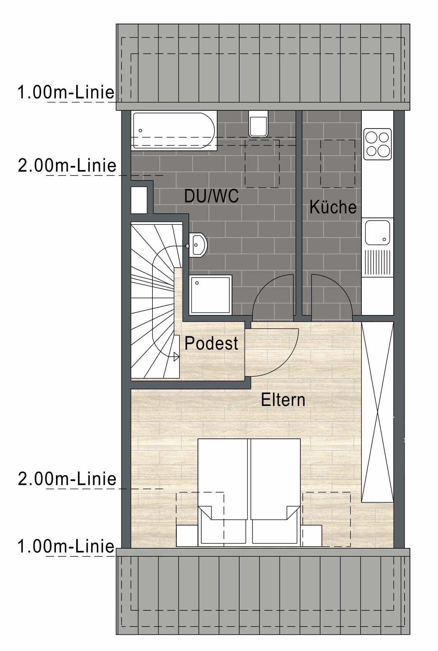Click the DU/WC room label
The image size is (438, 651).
pos(211,196)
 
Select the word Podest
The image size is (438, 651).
pos(211,343)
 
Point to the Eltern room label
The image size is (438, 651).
pos(283,400)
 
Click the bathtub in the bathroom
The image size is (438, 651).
pos(174,131)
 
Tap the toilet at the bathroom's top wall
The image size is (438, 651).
pos(258,124)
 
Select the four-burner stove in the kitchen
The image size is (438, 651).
pos(377,144)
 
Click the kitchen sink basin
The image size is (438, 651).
pos(377,232)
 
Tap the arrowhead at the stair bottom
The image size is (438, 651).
pos(176,356)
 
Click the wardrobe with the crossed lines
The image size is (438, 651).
pos(377,412)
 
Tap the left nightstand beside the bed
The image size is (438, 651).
pos(187,536)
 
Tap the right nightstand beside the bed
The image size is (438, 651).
pos(312,536)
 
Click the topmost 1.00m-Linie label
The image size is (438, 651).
pos(66,92)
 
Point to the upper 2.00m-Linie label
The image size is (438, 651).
pos(67,165)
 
